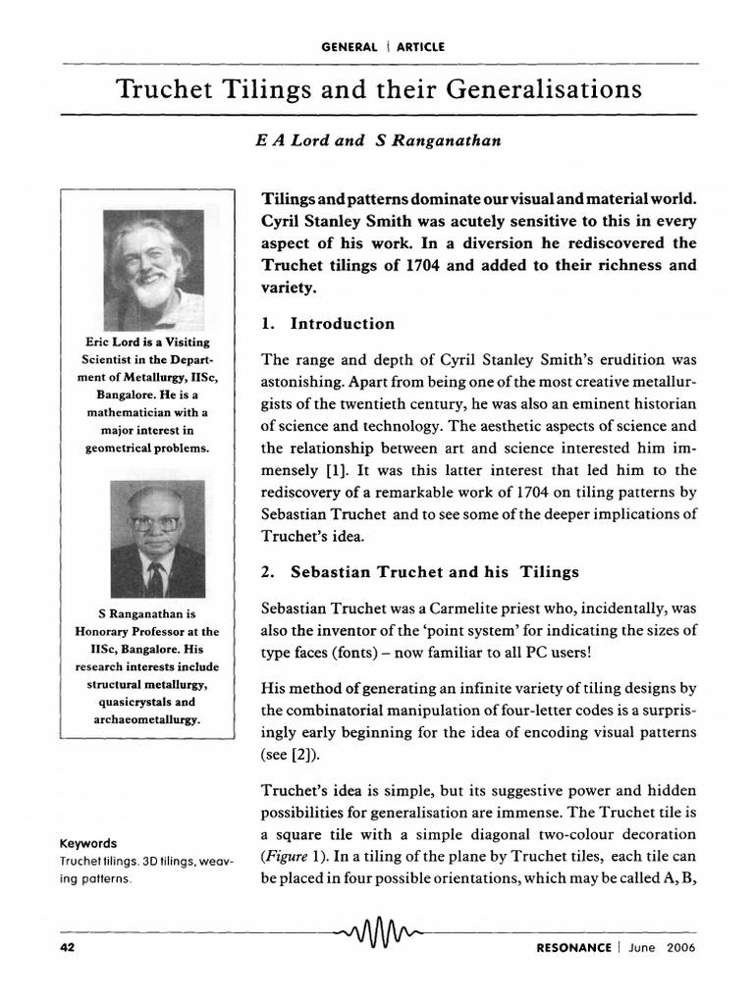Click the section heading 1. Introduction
(x=328, y=324)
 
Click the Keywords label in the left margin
(x=88, y=843)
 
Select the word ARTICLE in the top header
(x=419, y=46)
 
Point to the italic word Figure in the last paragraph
(x=285, y=854)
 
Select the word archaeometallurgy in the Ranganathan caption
(x=146, y=719)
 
